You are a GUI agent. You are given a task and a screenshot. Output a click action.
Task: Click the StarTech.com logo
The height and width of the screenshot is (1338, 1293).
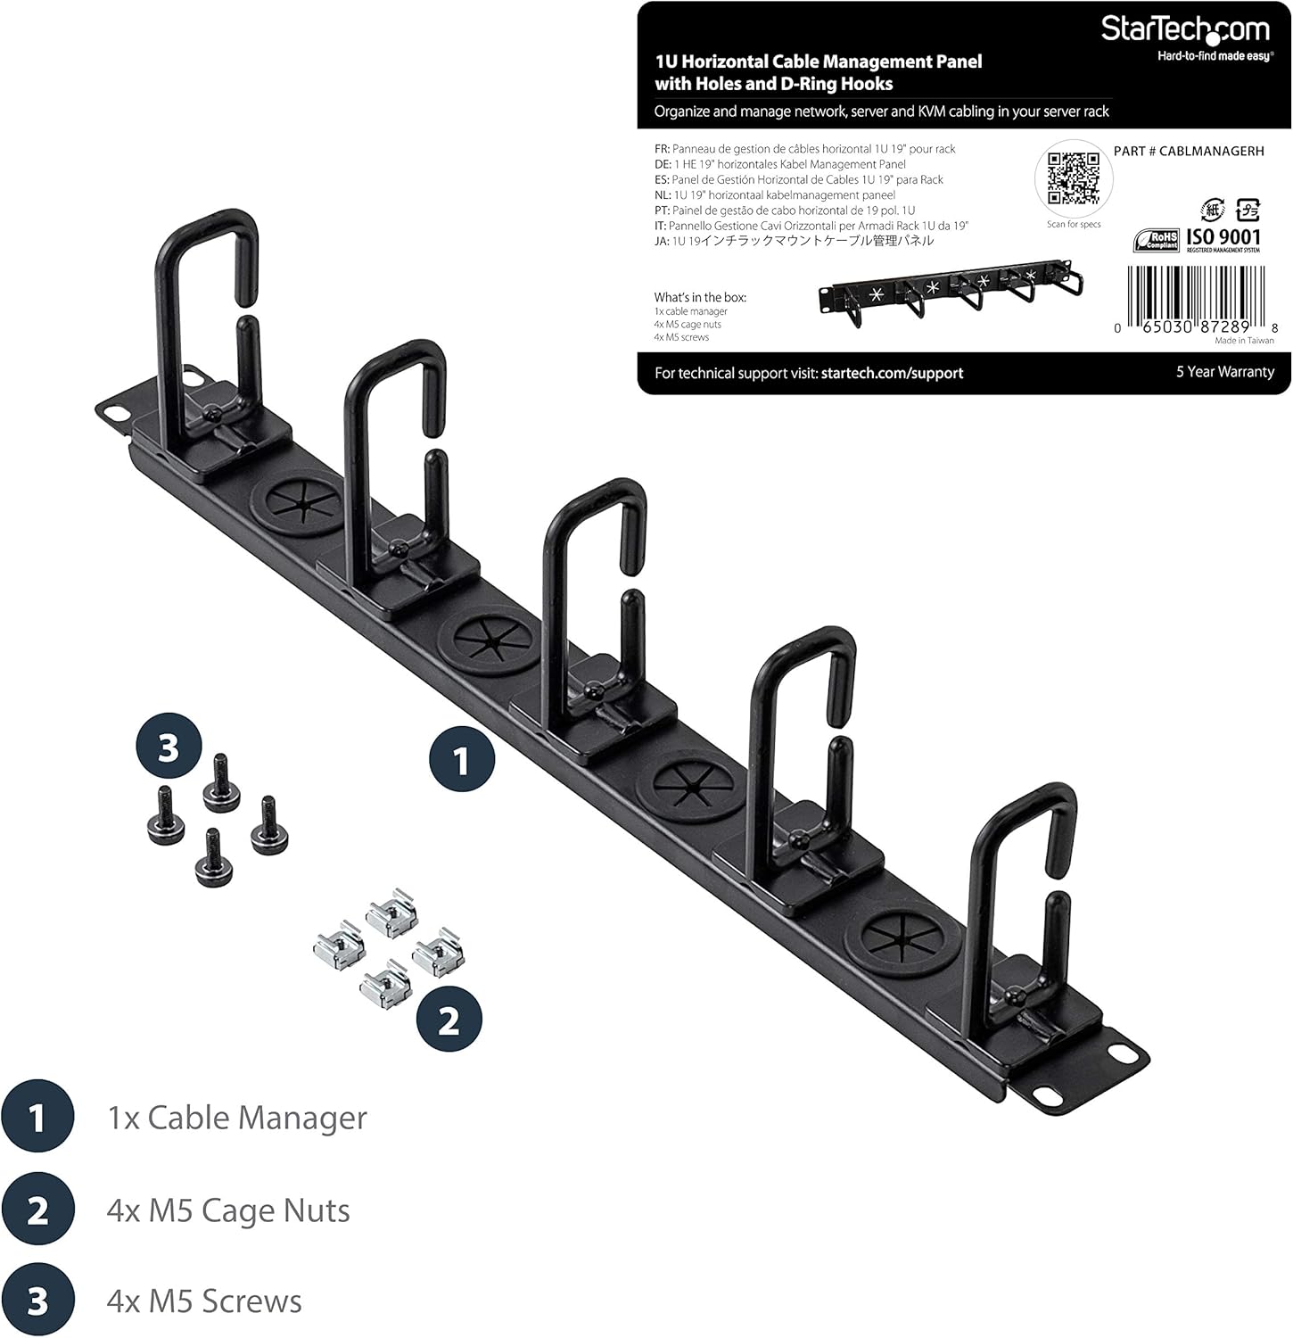pyautogui.click(x=1184, y=29)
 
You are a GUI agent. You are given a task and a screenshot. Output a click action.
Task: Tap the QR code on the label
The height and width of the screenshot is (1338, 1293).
pyautogui.click(x=1074, y=178)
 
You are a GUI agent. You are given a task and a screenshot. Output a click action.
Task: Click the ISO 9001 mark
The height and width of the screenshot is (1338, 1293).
pyautogui.click(x=1223, y=237)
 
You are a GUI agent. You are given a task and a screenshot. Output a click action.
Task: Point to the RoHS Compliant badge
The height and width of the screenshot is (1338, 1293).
pyautogui.click(x=1157, y=240)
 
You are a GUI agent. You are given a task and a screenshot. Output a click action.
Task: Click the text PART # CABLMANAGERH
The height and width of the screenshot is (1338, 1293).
pyautogui.click(x=1189, y=151)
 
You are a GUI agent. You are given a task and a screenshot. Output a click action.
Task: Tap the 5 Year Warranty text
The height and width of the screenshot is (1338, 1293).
pyautogui.click(x=1224, y=371)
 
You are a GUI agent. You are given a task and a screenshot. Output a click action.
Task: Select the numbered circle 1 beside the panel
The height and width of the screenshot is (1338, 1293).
pyautogui.click(x=461, y=761)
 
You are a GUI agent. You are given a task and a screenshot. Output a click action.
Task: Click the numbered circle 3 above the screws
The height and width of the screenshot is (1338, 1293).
pyautogui.click(x=169, y=747)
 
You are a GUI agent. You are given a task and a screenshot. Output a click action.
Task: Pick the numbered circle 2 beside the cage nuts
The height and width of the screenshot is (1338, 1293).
pyautogui.click(x=449, y=1019)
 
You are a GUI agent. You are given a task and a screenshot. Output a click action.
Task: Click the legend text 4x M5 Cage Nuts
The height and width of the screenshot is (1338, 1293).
pyautogui.click(x=227, y=1210)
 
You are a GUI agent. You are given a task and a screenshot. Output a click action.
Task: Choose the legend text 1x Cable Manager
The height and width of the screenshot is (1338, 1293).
pyautogui.click(x=236, y=1118)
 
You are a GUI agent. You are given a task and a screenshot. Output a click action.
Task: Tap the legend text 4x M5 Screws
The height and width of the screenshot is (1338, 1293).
pyautogui.click(x=203, y=1301)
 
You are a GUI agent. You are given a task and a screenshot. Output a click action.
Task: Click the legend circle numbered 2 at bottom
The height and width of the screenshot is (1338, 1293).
pyautogui.click(x=37, y=1210)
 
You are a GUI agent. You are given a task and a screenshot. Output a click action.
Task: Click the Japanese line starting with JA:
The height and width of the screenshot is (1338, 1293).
pyautogui.click(x=794, y=241)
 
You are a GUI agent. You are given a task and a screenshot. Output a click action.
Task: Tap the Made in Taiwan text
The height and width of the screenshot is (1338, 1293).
pyautogui.click(x=1244, y=341)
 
